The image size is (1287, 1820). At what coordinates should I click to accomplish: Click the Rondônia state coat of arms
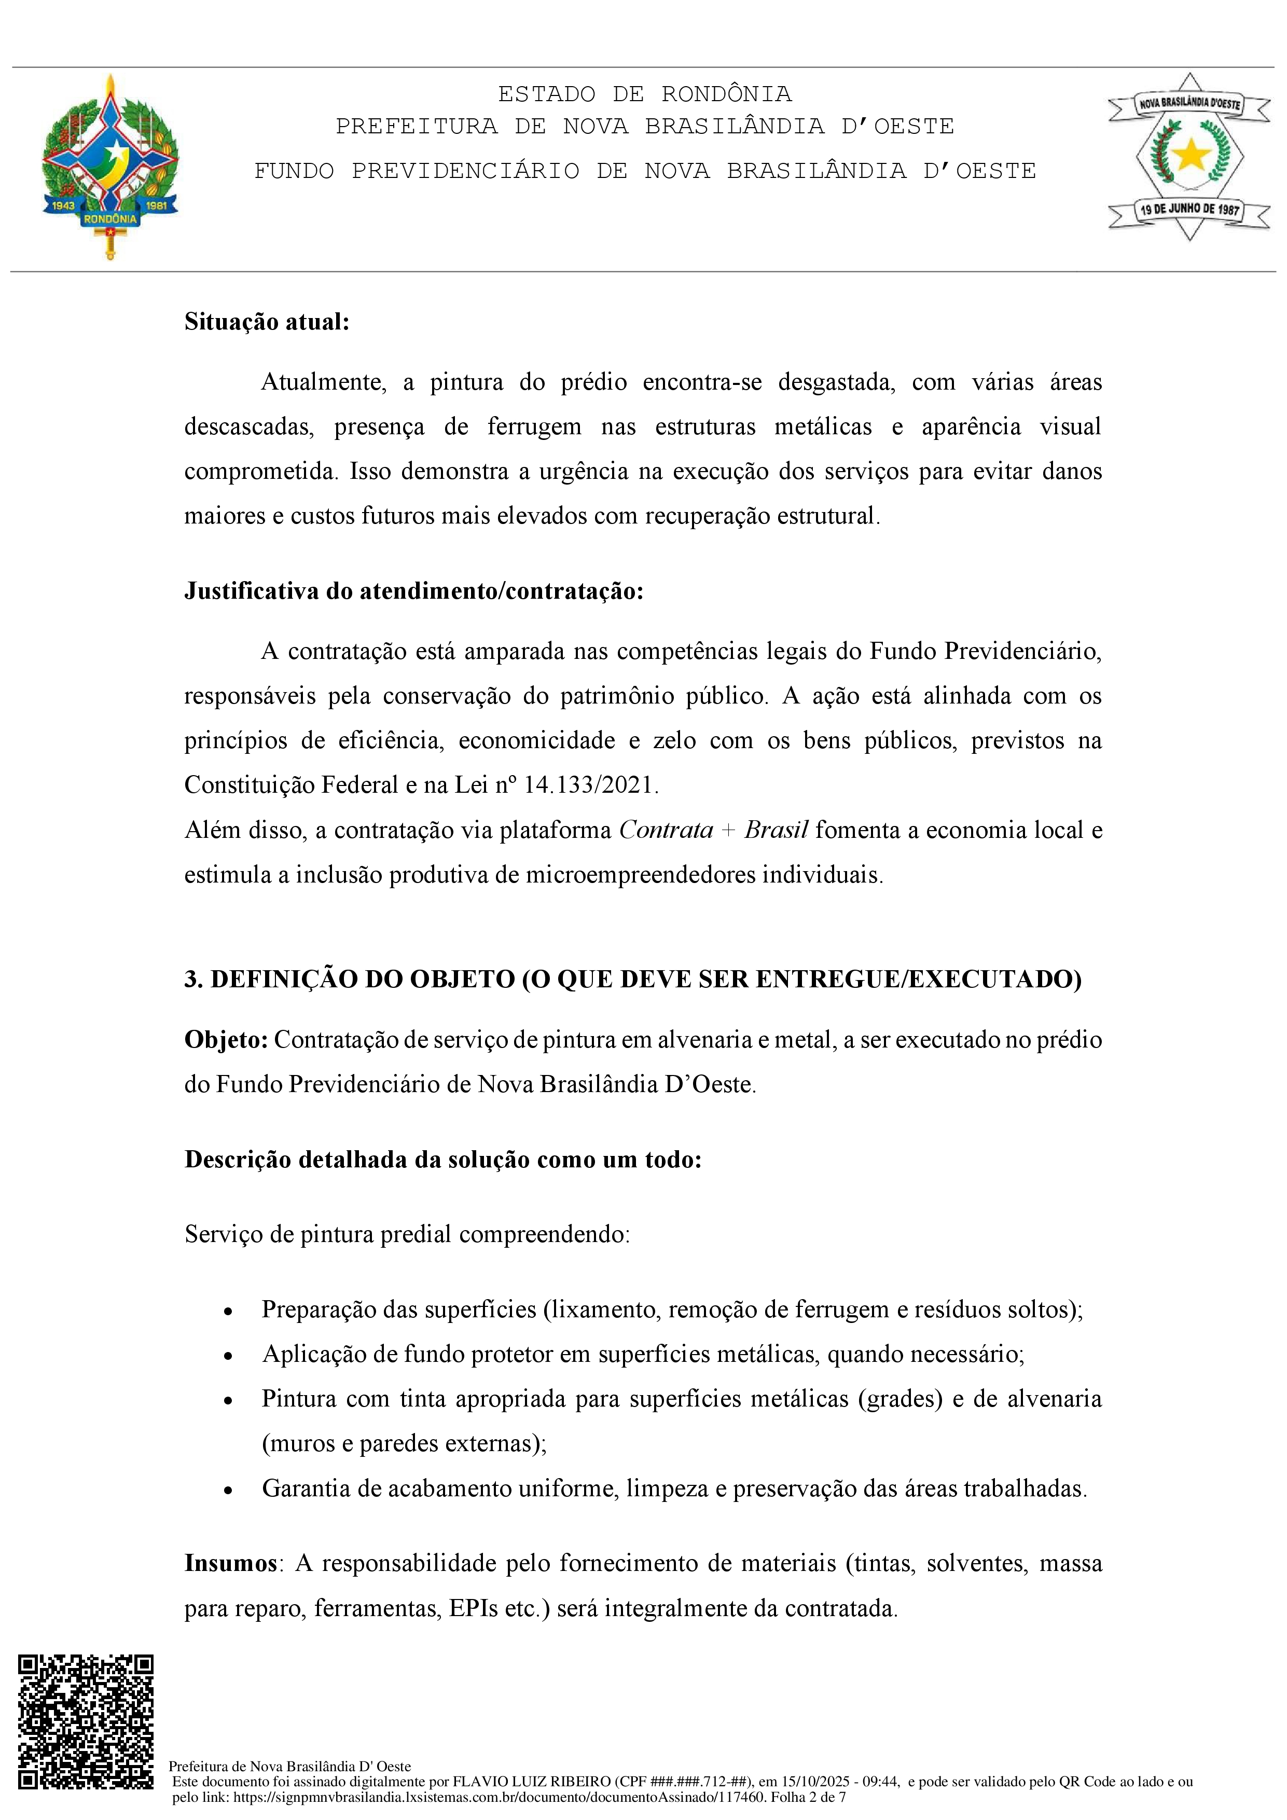point(110,167)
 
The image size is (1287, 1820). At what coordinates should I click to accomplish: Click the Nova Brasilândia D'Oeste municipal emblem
point(1189,157)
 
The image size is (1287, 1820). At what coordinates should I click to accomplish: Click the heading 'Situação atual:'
point(266,322)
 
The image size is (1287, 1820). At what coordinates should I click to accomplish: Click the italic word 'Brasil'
point(776,830)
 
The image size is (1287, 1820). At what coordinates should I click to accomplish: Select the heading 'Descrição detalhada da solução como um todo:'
point(443,1159)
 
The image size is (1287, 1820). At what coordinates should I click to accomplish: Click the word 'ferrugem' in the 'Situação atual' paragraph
point(533,426)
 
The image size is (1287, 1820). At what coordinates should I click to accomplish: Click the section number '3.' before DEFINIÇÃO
point(193,979)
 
